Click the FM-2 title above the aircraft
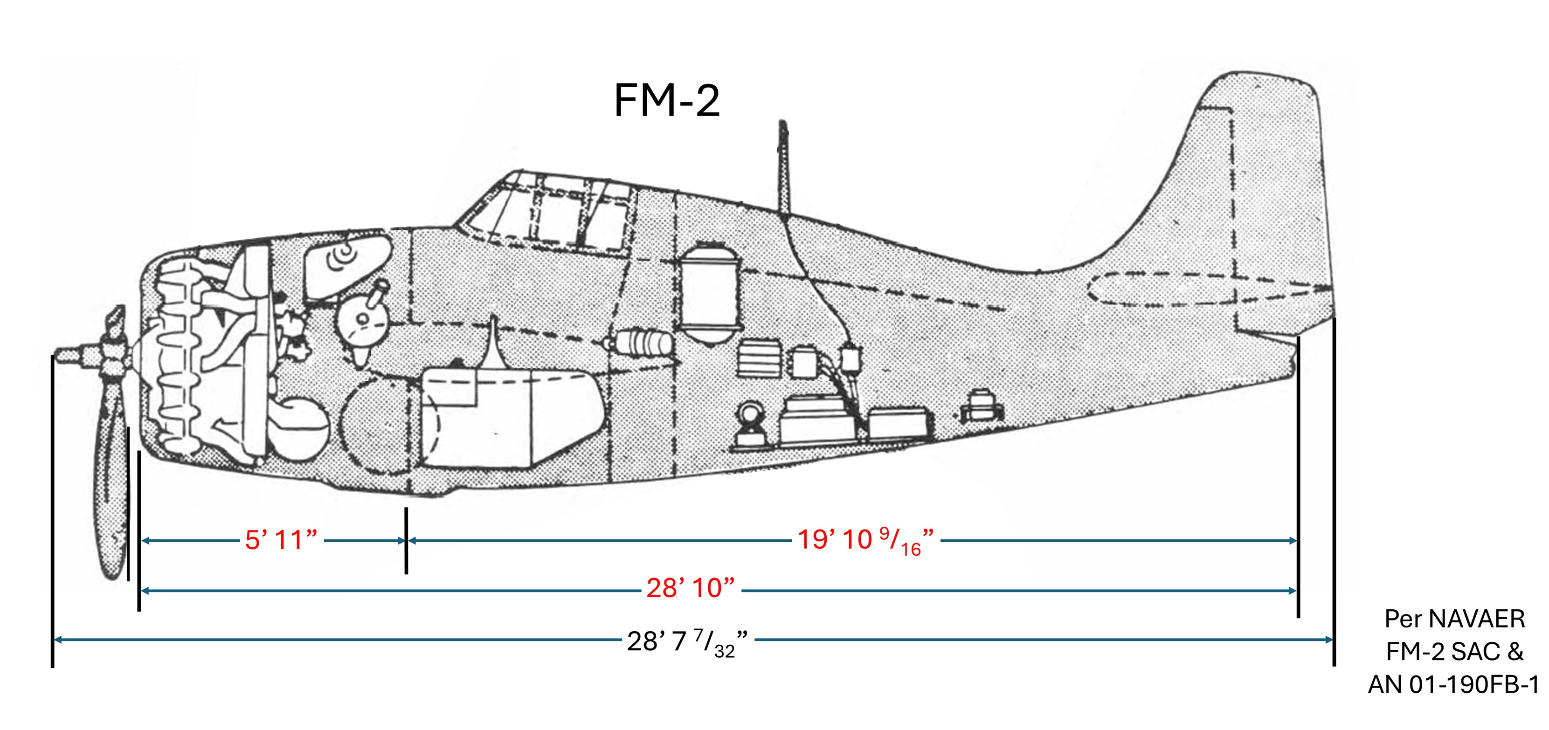666,100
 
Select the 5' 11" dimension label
281,540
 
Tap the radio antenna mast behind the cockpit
783,168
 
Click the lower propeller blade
112,481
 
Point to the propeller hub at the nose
108,355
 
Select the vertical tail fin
1251,180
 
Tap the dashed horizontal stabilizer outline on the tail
1196,289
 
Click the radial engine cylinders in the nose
180,361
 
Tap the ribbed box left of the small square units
759,359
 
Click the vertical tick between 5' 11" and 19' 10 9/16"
407,540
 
